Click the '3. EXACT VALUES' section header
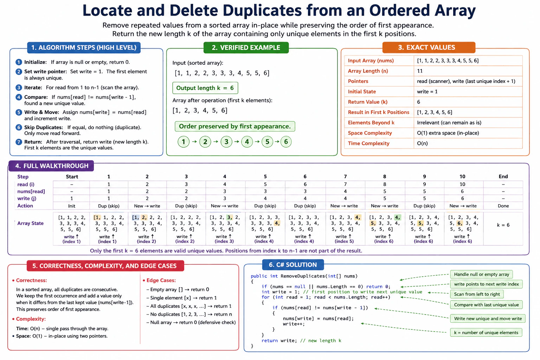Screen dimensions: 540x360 pos(429,47)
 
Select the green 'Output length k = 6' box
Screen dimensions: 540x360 pos(205,88)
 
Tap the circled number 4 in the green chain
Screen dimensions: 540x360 pos(247,142)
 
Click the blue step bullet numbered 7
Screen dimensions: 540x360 pos(19,142)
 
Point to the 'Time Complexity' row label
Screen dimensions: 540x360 pos(368,143)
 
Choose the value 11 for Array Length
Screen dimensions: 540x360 pos(420,71)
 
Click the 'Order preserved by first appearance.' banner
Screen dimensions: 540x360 pos(235,126)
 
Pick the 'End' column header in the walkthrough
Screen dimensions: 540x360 pos(503,176)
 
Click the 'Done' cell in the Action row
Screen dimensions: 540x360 pos(503,206)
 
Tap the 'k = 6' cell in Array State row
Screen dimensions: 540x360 pos(503,225)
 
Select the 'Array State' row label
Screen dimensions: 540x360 pos(30,223)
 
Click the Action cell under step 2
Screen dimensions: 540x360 pos(147,206)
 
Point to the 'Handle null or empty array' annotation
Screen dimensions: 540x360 pos(481,275)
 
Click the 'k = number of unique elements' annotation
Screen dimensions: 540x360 pos(486,333)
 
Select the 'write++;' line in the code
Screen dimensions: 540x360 pos(294,324)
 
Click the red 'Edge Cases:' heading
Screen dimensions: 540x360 pos(161,281)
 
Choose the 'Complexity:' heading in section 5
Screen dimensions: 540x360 pos(31,319)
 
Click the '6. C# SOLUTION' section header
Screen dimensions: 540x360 pos(293,265)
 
